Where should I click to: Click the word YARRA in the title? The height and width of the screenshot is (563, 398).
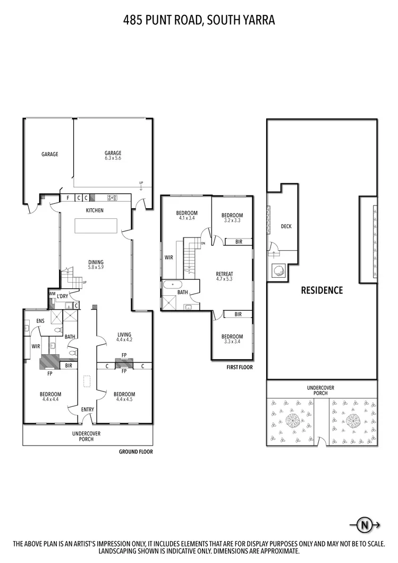[258, 21]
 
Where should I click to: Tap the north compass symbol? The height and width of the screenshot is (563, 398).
[364, 525]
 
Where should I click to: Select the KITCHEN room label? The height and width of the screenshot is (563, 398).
[95, 210]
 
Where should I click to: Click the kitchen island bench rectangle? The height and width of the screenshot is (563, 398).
[96, 226]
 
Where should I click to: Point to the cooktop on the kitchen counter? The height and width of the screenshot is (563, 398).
[113, 198]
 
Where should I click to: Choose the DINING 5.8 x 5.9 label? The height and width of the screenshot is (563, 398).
[96, 265]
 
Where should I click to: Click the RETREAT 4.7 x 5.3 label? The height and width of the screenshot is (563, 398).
[225, 276]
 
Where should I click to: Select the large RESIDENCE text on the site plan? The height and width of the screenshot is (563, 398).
[321, 290]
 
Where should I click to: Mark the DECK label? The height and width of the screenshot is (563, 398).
[286, 226]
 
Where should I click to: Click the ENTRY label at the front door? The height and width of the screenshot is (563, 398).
[87, 410]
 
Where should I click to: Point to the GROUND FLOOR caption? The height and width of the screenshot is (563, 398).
[136, 451]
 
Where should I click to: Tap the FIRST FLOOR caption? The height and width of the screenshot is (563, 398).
[239, 367]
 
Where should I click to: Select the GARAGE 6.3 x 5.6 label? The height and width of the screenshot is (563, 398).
[113, 156]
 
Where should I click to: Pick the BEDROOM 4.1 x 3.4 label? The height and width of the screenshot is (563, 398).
[187, 215]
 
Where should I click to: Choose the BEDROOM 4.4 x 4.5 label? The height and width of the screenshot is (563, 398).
[124, 397]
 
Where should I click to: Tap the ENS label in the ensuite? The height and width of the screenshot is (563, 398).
[40, 321]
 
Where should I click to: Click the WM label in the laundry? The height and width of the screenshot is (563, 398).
[52, 293]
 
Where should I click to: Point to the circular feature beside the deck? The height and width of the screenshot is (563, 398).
[278, 270]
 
